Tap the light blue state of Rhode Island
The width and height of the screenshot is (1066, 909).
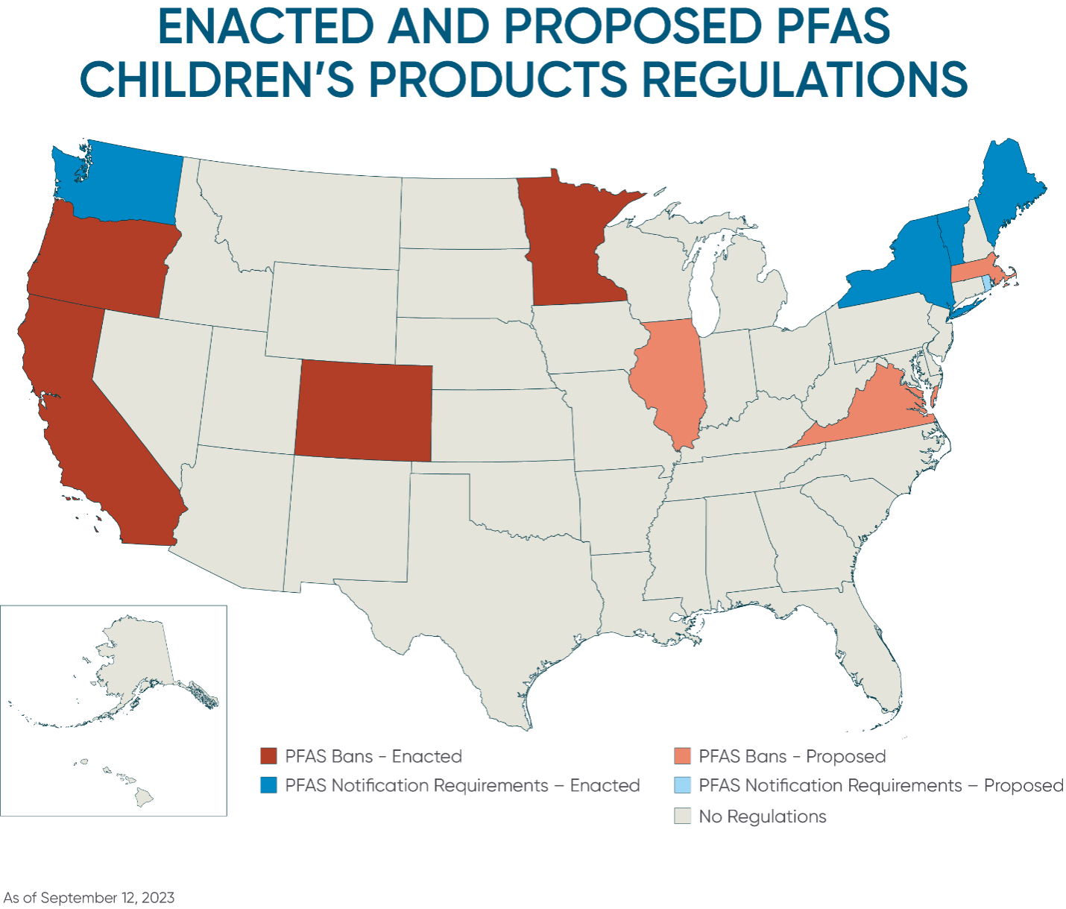coord(985,283)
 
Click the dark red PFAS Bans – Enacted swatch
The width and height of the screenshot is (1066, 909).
coord(268,756)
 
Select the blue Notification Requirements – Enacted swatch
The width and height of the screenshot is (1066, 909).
coord(268,785)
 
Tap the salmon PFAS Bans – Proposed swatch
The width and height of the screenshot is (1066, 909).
coord(683,756)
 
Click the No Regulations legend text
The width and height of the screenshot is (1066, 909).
coord(763,817)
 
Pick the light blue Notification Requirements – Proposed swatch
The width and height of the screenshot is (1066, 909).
coord(683,785)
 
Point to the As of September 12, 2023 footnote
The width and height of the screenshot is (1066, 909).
coord(89,898)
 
